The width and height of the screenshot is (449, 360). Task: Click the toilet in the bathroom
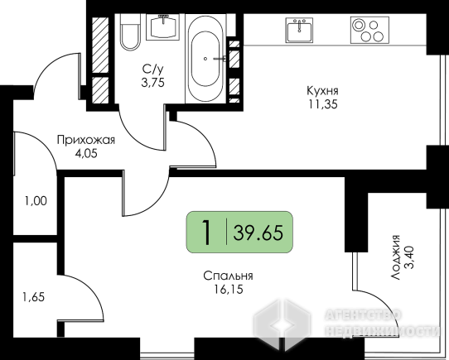coord(130,32)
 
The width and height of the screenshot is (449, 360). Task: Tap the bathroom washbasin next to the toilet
coord(162,27)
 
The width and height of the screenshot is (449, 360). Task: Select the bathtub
coord(205,59)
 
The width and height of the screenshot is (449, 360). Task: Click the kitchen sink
coord(299,30)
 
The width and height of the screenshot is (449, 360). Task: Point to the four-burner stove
coord(369,30)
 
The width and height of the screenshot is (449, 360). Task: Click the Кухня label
coord(323,91)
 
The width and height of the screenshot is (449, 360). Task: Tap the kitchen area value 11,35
coord(323,104)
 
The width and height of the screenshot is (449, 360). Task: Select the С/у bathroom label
coord(153,69)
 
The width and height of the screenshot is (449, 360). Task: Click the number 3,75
coord(153,83)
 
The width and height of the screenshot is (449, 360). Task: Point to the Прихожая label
coord(86,140)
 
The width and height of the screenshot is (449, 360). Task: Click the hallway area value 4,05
coord(86,154)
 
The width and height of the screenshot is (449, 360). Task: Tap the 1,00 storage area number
coord(36,201)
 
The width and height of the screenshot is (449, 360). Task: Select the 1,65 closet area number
coord(34,297)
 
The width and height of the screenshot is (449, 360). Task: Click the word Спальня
coord(228,276)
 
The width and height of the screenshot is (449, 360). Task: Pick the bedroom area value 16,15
coord(228,290)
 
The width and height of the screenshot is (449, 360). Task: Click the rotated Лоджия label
coord(396,257)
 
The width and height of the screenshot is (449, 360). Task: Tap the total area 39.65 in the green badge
coord(258,233)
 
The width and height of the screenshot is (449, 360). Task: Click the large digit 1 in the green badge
coord(206,233)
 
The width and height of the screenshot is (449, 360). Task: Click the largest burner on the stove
coord(358,25)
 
